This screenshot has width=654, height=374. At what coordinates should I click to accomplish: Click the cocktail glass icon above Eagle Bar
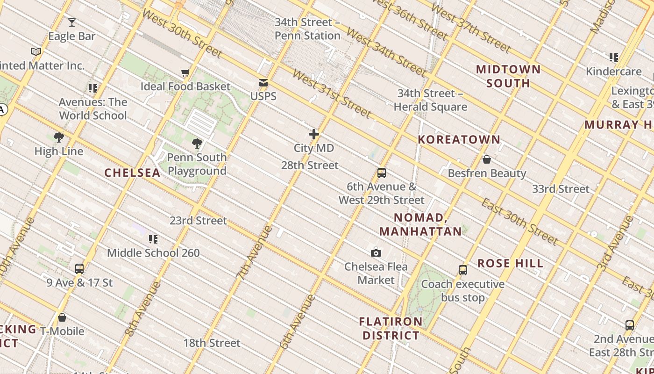coord(71,22)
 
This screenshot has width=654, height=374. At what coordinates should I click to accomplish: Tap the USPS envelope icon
coord(263,83)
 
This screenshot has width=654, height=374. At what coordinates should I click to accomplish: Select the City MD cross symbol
coord(314,135)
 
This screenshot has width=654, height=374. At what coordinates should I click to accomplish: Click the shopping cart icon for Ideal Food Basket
coord(185,72)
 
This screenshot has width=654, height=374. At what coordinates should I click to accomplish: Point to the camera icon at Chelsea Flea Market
coord(376,253)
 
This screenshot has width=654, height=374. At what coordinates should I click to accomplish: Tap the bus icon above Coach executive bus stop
coord(463,270)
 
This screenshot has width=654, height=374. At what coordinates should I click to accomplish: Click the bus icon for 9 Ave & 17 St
coord(79,269)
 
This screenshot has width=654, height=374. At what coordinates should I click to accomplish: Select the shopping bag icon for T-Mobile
coord(62,318)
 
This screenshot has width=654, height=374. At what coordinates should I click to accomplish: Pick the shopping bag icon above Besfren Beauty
coord(487,159)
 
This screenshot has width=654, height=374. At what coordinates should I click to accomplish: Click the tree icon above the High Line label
coord(59,137)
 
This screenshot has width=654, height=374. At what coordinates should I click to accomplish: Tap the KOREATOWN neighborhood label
coord(459,139)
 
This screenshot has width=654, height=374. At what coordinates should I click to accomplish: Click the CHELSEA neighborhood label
coord(132,173)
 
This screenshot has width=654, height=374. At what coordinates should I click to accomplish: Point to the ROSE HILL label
coord(510,263)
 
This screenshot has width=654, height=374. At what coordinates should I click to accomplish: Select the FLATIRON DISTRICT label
coord(391,329)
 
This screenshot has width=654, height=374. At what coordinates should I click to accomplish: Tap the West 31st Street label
coord(332,94)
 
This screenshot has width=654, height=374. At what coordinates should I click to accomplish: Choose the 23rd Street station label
coord(198,220)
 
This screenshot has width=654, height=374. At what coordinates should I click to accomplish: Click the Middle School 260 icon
coord(153,239)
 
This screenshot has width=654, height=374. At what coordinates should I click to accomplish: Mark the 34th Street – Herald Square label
coord(430,100)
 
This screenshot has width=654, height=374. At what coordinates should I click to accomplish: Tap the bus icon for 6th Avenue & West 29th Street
coord(382,173)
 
